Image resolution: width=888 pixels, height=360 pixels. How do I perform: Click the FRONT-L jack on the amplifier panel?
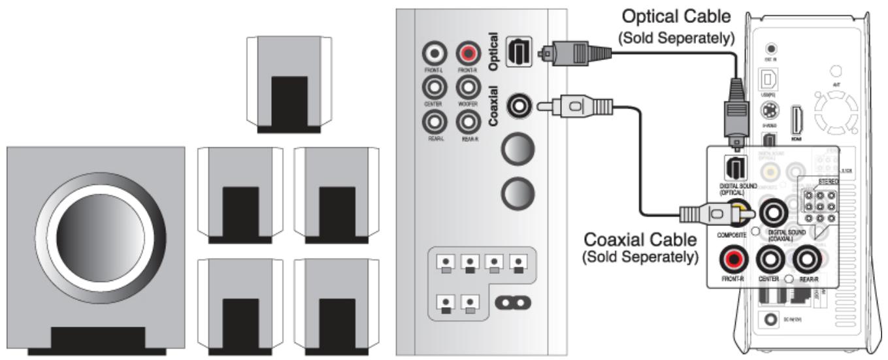[435, 52]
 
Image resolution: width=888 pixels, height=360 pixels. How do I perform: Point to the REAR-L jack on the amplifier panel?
[435, 121]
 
